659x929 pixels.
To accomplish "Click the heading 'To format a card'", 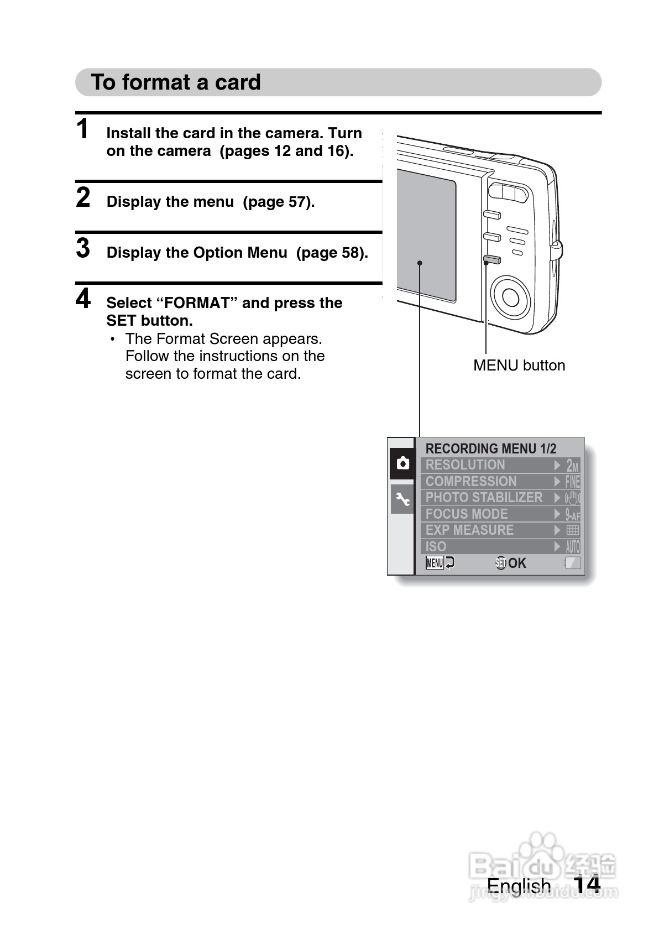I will click(175, 82).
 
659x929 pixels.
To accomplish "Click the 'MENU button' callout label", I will click(519, 366).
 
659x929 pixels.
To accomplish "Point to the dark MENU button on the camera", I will click(491, 259).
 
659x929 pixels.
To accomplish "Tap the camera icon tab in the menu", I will click(402, 463).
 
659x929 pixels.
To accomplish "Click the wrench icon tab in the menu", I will click(402, 499).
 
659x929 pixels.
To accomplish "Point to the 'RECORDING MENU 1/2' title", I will click(490, 448).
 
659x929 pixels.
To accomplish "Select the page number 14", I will click(586, 885).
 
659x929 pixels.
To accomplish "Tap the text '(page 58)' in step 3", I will click(332, 253).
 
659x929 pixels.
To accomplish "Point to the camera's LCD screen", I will click(426, 235).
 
